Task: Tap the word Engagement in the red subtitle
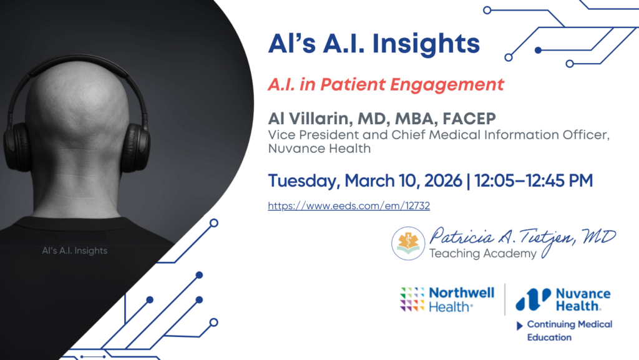pos(447,85)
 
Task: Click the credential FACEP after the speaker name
pos(469,119)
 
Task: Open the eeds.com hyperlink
pos(349,206)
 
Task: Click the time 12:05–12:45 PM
pos(534,180)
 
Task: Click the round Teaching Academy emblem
pos(408,243)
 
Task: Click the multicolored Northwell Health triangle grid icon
pos(412,299)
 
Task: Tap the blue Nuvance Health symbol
pos(533,299)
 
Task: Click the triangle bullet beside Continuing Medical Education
pos(520,326)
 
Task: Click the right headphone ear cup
pos(135,147)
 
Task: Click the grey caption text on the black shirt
pos(75,250)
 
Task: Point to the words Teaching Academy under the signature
pos(482,254)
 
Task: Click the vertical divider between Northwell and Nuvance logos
pos(505,299)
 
